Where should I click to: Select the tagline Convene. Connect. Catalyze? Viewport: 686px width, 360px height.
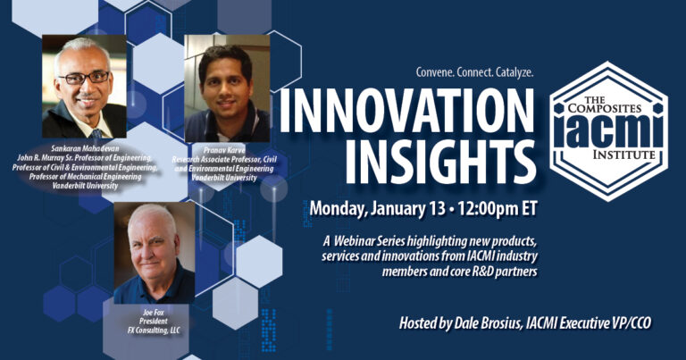[475, 71]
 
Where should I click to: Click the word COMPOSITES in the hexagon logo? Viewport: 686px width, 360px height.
[607, 108]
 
